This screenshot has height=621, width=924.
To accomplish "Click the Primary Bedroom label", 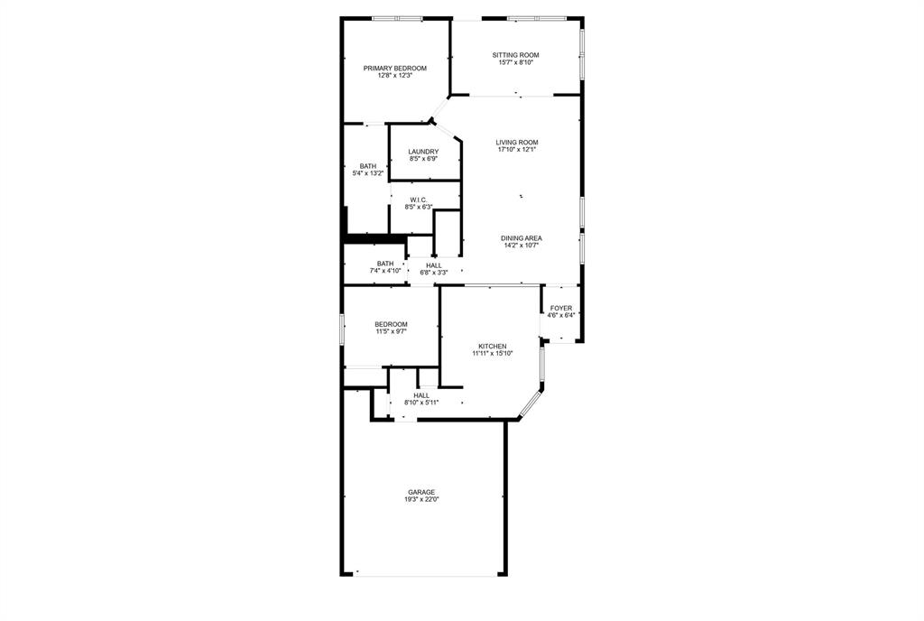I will tap(394, 69).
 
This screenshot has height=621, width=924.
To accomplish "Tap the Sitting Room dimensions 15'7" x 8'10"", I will tap(516, 62).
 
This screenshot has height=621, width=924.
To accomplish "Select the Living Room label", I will tap(516, 143).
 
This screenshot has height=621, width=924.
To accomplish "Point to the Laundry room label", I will tap(423, 152).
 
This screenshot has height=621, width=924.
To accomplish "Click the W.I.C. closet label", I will tap(419, 199).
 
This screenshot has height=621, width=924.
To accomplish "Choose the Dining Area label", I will tap(522, 238).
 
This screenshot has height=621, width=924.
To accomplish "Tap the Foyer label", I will tap(560, 308).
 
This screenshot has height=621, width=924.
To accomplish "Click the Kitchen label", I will tap(492, 347).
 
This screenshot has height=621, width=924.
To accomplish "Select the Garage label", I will tap(421, 492).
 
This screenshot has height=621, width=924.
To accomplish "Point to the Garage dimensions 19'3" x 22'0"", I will tap(421, 499).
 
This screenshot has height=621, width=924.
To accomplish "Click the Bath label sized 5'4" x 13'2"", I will tap(368, 166).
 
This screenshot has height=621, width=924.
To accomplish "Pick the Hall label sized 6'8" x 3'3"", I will tap(434, 265).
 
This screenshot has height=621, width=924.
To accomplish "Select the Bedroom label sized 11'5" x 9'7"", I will tap(392, 324).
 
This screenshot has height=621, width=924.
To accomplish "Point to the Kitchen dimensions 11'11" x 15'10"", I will tap(492, 354).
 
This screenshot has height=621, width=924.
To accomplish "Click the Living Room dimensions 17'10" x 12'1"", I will tap(516, 150).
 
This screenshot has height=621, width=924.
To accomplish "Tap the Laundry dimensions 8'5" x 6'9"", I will tap(423, 159).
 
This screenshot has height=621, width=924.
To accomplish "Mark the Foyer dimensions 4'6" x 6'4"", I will tap(560, 315).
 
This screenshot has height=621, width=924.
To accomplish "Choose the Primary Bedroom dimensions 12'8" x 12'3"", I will tap(394, 76).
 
